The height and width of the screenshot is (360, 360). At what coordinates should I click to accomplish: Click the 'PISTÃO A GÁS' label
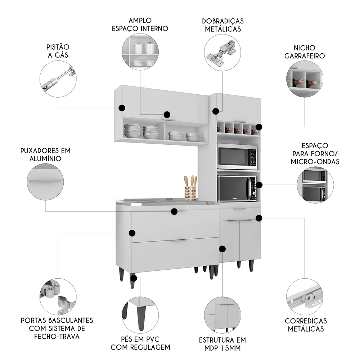coord(58,51)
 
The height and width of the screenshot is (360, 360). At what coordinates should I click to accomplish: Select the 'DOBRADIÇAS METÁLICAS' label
coord(223,25)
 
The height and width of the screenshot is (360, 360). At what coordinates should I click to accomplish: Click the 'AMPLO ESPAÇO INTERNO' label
coord(139,24)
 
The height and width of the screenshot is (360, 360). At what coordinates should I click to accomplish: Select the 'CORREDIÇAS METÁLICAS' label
coord(306,324)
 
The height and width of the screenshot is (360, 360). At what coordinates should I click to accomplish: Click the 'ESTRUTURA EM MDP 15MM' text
coord(222,344)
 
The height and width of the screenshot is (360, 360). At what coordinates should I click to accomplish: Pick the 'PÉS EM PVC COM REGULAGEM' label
coord(140,343)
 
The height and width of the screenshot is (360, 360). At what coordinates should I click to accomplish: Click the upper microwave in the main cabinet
coord(237,156)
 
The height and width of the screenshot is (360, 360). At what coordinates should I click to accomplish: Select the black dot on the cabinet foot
coord(134,278)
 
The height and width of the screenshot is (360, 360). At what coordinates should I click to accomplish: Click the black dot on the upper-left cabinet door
coord(122,108)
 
